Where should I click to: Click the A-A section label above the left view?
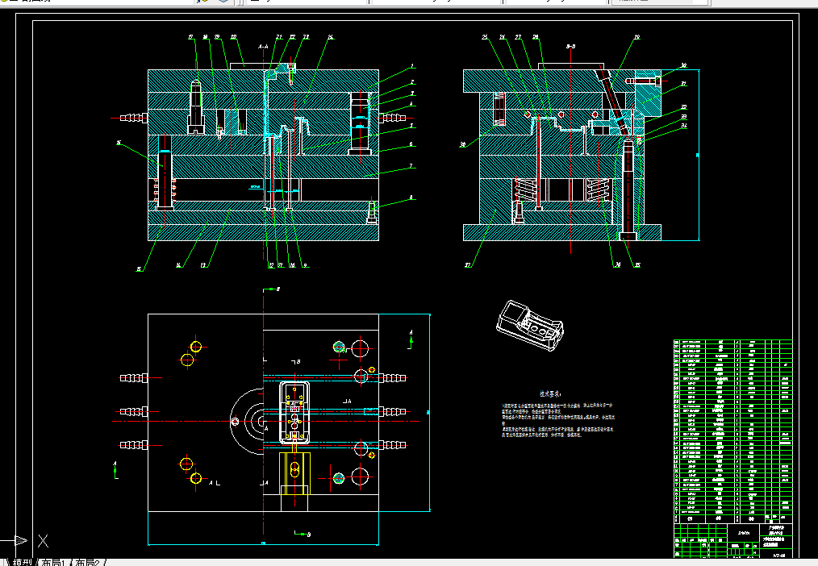(x=264, y=48)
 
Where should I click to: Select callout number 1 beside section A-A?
(x=411, y=66)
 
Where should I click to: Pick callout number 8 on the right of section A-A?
(x=411, y=196)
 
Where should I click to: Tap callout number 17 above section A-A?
(x=191, y=37)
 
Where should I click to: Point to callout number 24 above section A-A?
(x=331, y=37)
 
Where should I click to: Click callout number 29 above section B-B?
(x=636, y=37)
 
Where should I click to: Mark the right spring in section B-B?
(x=598, y=193)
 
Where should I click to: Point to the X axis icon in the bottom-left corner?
(x=44, y=540)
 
